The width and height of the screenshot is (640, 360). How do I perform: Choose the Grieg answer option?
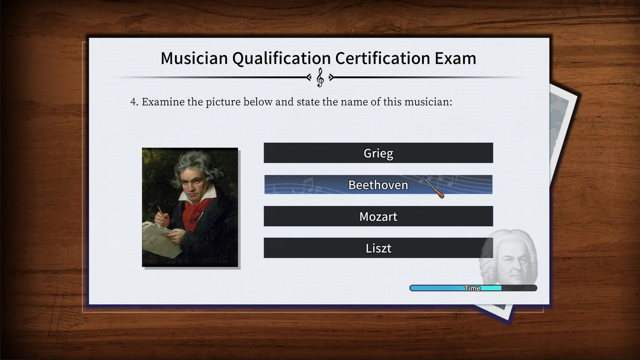[x=378, y=153]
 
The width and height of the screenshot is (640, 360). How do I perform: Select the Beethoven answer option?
[x=378, y=185]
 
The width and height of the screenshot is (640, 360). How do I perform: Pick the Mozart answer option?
[x=378, y=216]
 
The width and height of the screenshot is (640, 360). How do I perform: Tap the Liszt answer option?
[x=378, y=248]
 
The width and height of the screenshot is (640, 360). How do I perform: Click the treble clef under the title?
[x=320, y=77]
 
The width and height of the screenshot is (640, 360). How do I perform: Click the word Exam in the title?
[x=455, y=58]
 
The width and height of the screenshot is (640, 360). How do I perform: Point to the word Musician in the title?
[x=194, y=58]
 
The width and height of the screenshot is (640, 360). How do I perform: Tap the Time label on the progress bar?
[x=472, y=288]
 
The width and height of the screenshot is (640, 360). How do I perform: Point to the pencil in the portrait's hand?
[x=162, y=213]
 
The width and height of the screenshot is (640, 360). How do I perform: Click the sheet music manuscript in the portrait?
[x=160, y=240]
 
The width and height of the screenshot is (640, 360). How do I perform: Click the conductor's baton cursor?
[x=434, y=189]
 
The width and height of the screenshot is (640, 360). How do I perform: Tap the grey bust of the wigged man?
[x=509, y=257]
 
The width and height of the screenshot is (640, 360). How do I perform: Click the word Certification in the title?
[x=383, y=58]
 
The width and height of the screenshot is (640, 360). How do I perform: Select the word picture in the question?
[x=223, y=102]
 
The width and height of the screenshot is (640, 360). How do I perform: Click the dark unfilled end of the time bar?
[x=519, y=288]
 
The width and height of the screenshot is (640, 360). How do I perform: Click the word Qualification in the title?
[x=281, y=58]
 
